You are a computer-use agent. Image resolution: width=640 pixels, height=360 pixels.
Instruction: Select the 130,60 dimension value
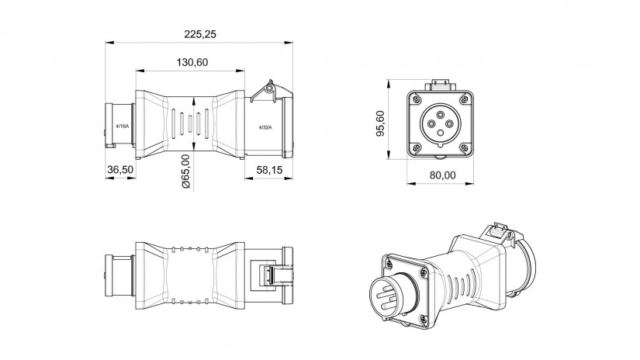pos(191,63)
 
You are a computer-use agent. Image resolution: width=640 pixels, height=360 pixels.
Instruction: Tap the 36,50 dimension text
pos(120,169)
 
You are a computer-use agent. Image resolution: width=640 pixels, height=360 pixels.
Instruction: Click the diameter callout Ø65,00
pos(187,171)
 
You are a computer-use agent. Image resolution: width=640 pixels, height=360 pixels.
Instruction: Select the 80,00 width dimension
pos(442,175)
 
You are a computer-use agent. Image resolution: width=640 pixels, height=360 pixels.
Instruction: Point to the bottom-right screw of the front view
pos(465,146)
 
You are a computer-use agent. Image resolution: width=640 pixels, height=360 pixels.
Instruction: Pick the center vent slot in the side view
pos(191,123)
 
